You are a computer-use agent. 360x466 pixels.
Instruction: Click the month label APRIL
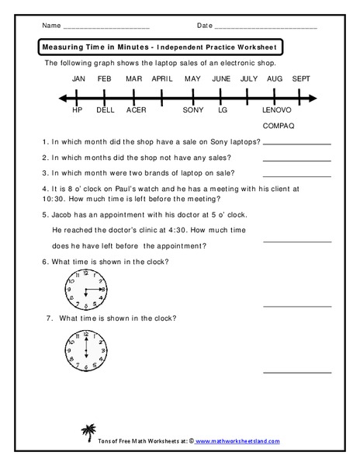click(162, 79)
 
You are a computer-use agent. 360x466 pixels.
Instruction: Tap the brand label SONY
click(193, 110)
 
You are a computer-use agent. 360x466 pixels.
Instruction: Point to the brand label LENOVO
click(278, 110)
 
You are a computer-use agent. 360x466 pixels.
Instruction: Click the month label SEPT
click(302, 79)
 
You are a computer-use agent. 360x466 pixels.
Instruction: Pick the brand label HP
click(77, 110)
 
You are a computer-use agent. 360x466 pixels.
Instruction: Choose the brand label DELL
click(106, 110)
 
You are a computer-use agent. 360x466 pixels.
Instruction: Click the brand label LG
click(223, 110)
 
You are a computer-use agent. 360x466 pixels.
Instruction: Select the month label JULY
click(249, 79)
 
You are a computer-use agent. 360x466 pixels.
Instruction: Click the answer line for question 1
click(297, 144)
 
